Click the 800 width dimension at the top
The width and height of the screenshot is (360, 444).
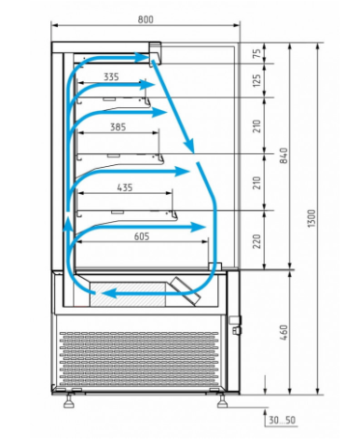point(145,20)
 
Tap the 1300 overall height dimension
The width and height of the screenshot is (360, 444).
point(312,218)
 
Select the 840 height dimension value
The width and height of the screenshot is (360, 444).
point(284,156)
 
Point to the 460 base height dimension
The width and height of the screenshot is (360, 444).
point(284,332)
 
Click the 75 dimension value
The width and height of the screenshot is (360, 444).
point(256,53)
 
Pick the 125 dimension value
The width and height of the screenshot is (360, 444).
point(256,80)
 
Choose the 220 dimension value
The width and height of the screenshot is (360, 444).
point(256,242)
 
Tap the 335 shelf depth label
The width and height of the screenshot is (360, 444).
point(111,76)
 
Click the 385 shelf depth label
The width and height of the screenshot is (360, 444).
point(118,127)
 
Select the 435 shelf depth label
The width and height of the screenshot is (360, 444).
point(125,187)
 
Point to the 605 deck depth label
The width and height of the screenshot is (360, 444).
point(142,236)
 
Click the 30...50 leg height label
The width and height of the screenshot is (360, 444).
point(282,420)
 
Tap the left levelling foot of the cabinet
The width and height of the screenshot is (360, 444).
point(69,401)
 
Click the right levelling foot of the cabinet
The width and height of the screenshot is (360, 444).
point(222,401)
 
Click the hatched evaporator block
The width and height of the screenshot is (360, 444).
point(128,295)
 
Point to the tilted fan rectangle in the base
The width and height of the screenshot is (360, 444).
point(185,290)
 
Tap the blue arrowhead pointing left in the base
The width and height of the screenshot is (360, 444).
point(109,293)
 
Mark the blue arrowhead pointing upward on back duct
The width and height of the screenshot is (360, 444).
point(68,225)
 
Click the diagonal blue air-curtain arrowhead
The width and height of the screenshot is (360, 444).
point(189,146)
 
